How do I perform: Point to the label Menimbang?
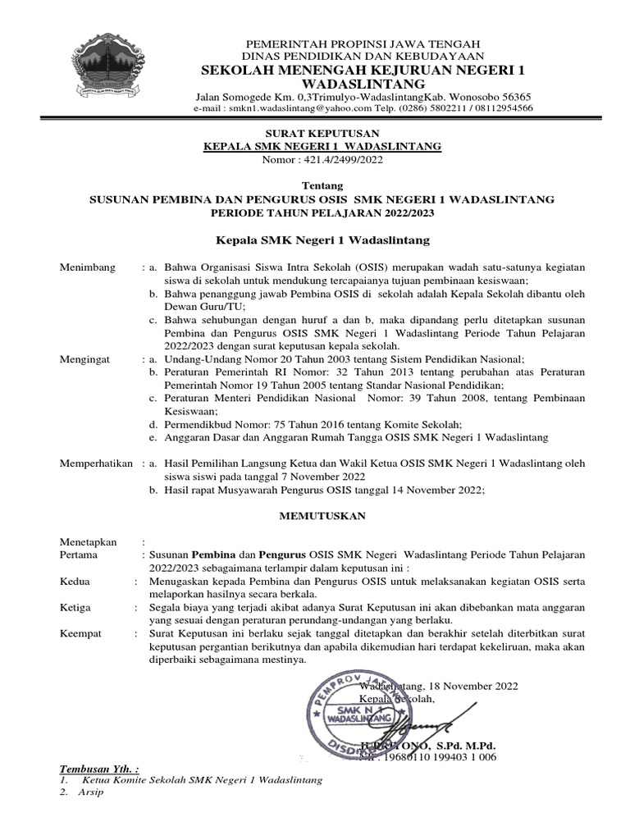tap(89, 267)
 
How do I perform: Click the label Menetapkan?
tap(89, 542)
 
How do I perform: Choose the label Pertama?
tap(80, 555)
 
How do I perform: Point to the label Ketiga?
tap(76, 608)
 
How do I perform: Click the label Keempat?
tap(81, 634)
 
